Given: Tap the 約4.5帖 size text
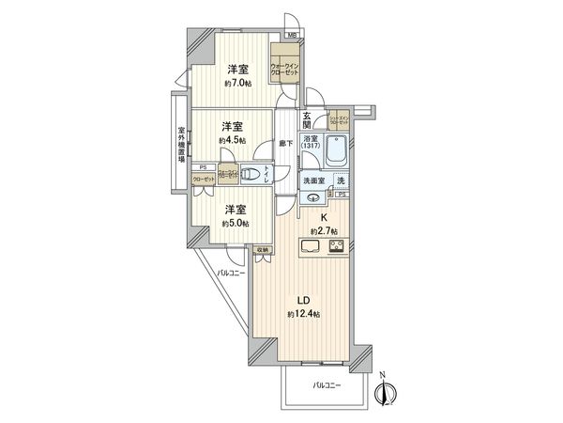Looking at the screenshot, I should click(233, 140).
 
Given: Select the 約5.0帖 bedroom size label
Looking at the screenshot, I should click(236, 224).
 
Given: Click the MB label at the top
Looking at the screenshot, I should click(292, 35).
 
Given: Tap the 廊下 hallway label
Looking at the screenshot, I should click(287, 143).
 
